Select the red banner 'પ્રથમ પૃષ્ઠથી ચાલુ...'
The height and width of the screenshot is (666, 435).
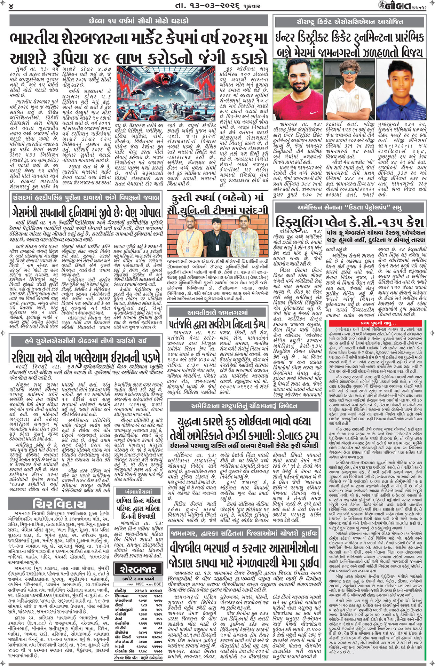tap(378, 323)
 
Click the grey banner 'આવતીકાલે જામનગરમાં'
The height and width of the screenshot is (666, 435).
tap(217, 312)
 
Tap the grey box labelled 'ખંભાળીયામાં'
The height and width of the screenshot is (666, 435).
tap(139, 491)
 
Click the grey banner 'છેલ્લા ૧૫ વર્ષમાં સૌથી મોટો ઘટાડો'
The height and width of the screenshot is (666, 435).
tap(139, 21)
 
